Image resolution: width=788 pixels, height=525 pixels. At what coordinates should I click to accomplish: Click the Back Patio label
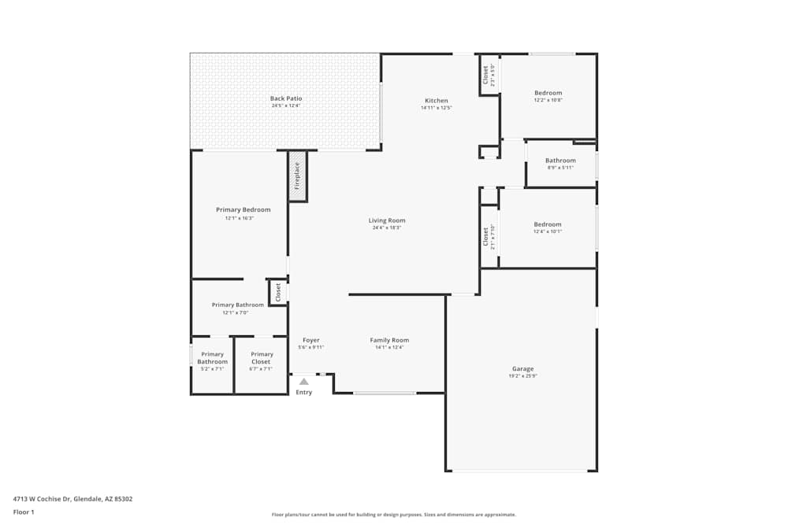pos(286,98)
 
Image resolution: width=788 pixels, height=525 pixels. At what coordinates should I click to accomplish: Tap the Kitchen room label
pos(436,101)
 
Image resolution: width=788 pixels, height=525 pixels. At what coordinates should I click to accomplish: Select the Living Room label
pos(387,220)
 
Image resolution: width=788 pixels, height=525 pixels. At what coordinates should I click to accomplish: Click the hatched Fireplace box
pos(297,176)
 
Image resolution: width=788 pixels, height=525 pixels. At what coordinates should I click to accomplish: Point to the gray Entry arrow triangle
pos(303,382)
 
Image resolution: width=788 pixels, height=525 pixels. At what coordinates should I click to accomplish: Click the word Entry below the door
pos(304,392)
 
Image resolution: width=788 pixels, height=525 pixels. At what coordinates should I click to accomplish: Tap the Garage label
pos(522,368)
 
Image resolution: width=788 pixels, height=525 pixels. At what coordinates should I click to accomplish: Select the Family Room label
pos(389,340)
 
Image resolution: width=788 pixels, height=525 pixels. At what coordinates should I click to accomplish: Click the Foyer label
pos(310,340)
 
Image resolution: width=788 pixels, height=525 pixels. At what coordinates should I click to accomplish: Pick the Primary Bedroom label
pos(243,209)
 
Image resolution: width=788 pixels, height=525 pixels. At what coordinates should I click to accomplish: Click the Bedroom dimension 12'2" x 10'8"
pos(548,100)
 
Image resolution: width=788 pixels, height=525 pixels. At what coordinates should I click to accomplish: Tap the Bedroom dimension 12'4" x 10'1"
pos(548,231)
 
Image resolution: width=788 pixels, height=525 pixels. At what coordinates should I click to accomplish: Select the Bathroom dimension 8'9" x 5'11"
pos(560,167)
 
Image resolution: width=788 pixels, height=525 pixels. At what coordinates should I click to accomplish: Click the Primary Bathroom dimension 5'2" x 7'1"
pos(213,368)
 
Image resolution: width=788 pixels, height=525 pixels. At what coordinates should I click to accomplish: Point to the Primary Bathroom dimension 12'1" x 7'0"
pos(235,312)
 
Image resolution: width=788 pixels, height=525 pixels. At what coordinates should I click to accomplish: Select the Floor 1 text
pos(24,512)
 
